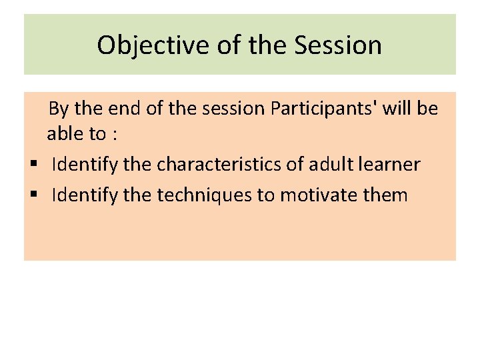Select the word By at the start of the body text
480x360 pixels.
tap(59, 109)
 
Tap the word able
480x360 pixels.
tap(65, 134)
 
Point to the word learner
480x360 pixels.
tap(391, 165)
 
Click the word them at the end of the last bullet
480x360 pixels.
tap(384, 195)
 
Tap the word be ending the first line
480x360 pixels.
tap(427, 109)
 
